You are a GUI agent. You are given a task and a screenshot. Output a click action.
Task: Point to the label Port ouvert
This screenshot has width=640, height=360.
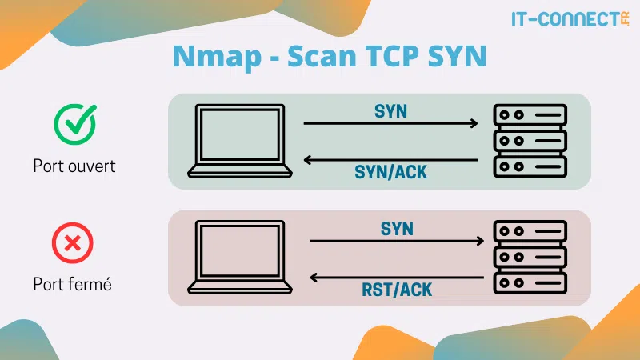tap(74, 167)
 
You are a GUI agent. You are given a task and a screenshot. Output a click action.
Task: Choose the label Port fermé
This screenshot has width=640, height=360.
tap(72, 284)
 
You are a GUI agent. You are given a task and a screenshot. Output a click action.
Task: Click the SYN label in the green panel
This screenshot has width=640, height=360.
tap(390, 111)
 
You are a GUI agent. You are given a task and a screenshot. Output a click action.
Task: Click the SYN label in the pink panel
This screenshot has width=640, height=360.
tap(396, 229)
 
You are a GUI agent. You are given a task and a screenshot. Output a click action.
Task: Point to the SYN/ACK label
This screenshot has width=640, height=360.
tap(390, 173)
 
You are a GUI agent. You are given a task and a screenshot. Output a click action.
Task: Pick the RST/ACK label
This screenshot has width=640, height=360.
tap(396, 290)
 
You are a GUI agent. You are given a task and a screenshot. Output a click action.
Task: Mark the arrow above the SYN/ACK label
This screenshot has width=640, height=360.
tap(390, 160)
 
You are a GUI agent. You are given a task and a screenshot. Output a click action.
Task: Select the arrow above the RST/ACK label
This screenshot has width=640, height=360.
tap(396, 278)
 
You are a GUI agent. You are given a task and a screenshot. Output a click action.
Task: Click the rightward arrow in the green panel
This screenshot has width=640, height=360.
tap(390, 124)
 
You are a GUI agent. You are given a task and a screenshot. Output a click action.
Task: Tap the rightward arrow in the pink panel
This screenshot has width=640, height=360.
tap(396, 241)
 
